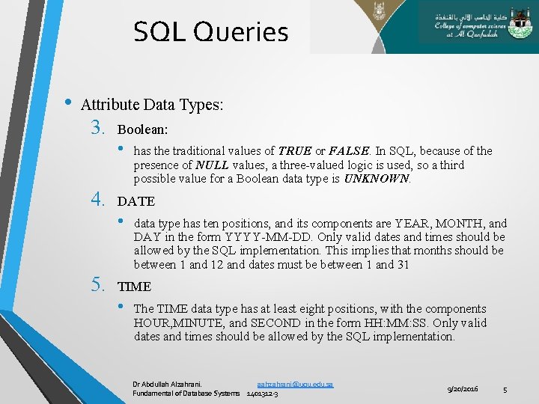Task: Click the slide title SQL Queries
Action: tap(210, 31)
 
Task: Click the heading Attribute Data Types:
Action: tap(152, 105)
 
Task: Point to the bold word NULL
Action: tap(212, 165)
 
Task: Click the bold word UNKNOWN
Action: tap(377, 180)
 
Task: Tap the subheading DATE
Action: tap(136, 201)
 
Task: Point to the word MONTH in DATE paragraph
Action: tap(459, 223)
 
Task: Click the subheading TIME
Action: tap(135, 287)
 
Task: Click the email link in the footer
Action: tap(294, 384)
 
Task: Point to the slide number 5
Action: tap(505, 389)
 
